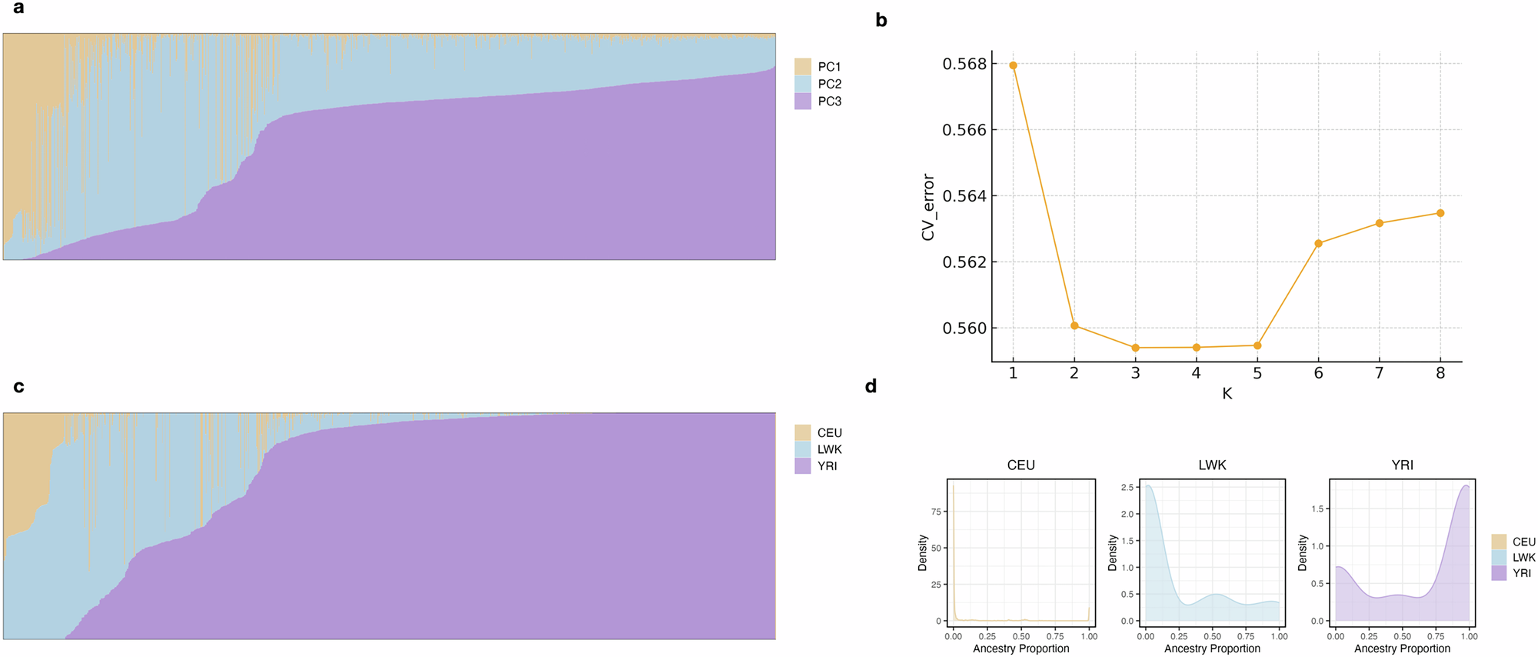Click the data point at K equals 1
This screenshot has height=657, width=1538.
(1013, 65)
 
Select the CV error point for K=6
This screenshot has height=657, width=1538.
(1318, 243)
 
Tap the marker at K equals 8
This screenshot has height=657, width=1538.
(1440, 213)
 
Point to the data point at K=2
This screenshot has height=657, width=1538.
(1074, 325)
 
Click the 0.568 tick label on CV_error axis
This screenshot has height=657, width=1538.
(964, 64)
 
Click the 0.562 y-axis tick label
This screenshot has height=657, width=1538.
(964, 262)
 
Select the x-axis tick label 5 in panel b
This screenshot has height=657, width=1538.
(1257, 373)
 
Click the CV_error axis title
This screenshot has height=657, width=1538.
(928, 207)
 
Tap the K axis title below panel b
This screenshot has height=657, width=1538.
(1227, 394)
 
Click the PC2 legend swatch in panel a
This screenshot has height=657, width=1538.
(803, 84)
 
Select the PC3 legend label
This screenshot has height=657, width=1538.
(829, 102)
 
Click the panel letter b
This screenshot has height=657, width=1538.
(881, 21)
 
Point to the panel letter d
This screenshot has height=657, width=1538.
(871, 386)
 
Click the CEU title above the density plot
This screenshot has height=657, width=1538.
(1020, 465)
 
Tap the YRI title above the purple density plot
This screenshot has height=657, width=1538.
(1402, 465)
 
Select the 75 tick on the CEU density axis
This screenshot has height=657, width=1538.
(936, 512)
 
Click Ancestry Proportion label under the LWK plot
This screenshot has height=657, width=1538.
(1212, 649)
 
